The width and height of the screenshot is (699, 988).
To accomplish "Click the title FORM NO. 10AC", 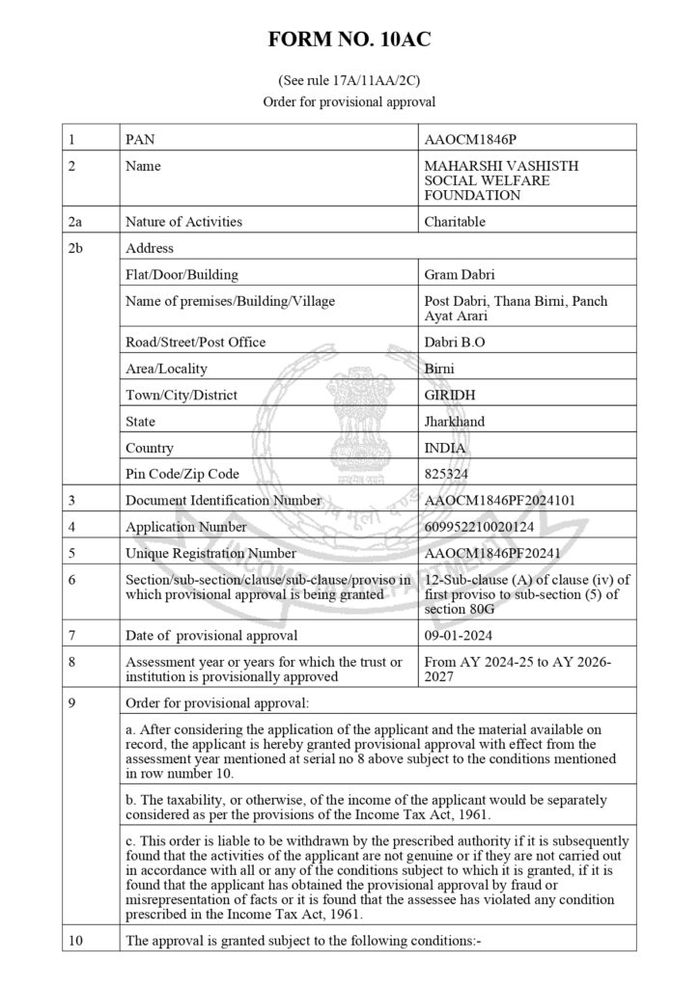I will [x=349, y=41].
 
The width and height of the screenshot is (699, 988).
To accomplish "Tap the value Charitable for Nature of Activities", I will [x=455, y=221].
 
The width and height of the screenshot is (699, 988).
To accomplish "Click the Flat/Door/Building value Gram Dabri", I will [x=460, y=275].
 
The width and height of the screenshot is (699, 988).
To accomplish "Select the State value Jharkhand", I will [x=455, y=422].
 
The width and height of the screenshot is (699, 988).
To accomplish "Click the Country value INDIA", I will [x=445, y=448].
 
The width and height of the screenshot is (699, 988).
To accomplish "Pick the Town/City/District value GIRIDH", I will [x=450, y=396].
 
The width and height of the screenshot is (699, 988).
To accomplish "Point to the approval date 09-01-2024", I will [x=457, y=635].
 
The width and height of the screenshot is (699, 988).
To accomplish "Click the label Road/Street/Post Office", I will [x=195, y=343].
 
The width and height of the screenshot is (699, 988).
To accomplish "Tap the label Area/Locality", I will [x=166, y=369].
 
